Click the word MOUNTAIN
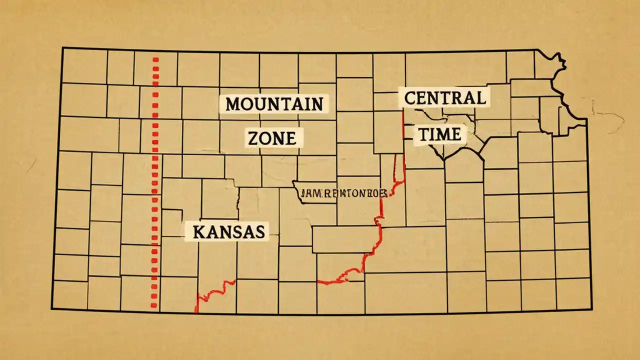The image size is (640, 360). [x=274, y=104]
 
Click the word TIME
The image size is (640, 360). [x=440, y=133]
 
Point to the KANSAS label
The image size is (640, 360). [x=228, y=232]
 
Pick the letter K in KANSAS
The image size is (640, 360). [x=197, y=232]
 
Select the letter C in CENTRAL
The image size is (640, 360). [x=408, y=97]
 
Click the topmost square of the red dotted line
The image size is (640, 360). [x=155, y=60]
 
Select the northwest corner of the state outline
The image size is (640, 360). [x=62, y=48]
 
